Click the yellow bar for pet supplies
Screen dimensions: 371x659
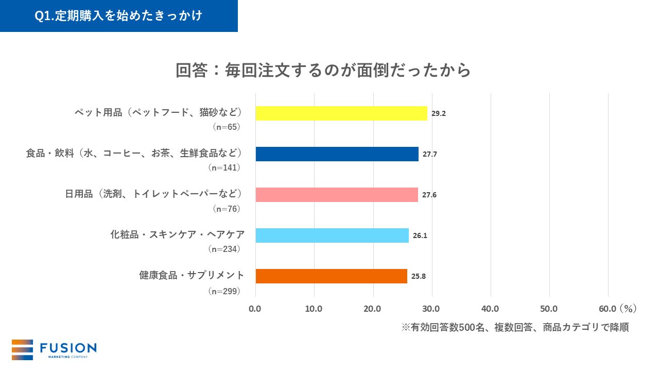click(x=341, y=113)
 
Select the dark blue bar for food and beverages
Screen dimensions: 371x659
click(x=337, y=154)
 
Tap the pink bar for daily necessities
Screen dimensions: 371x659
click(x=336, y=195)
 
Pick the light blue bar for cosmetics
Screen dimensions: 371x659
click(x=332, y=235)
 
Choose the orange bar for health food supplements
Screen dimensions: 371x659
click(x=331, y=276)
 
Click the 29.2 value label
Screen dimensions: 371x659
click(x=439, y=113)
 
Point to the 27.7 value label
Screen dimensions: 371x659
click(x=430, y=154)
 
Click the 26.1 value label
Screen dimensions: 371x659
click(x=420, y=235)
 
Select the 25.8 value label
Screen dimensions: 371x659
click(x=419, y=276)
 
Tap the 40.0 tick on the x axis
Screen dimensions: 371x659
click(x=490, y=309)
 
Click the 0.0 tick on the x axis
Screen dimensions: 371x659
click(x=255, y=309)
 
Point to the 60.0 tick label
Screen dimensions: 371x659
click(x=608, y=309)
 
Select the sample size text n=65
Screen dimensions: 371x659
click(x=227, y=127)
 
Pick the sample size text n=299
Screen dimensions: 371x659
click(x=224, y=291)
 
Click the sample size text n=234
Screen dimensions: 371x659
click(x=224, y=249)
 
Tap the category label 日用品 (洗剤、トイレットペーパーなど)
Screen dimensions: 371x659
click(x=153, y=194)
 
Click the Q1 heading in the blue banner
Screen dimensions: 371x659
click(x=118, y=16)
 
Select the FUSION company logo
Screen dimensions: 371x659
click(x=54, y=349)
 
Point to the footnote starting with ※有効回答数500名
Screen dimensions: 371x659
click(x=515, y=328)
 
